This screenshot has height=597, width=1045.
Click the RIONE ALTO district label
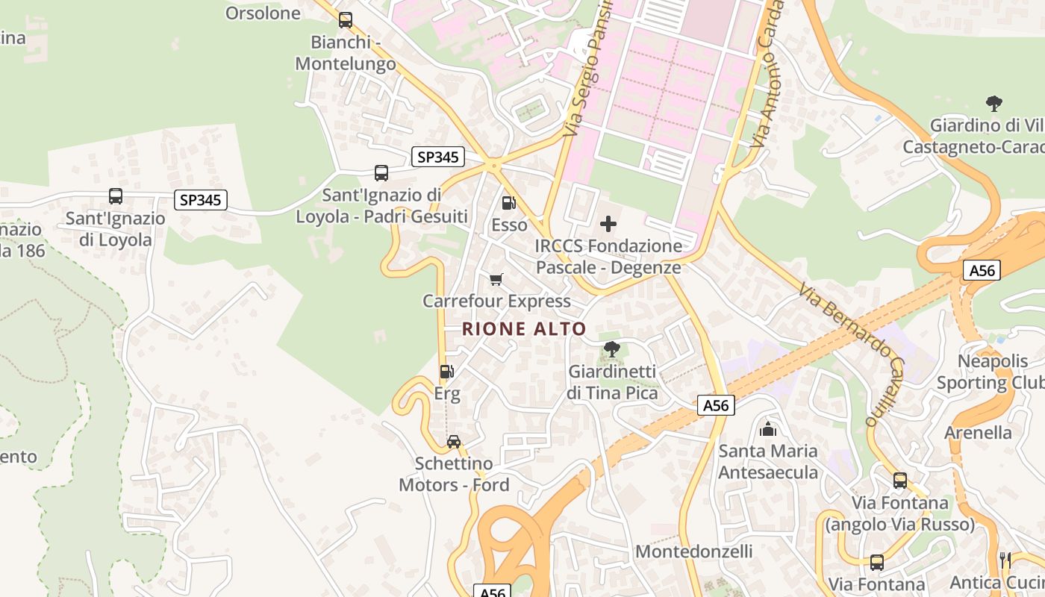(x=523, y=328)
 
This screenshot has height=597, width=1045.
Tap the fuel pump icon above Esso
(x=508, y=202)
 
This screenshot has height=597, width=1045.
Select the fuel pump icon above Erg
(x=446, y=371)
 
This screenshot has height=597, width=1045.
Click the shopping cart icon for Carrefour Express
(x=496, y=280)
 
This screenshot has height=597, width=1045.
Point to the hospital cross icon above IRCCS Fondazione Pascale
(x=608, y=223)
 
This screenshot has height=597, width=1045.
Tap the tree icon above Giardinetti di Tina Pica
(x=611, y=348)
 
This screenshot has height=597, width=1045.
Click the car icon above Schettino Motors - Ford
(x=454, y=441)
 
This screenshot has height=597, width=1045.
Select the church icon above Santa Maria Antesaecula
(x=767, y=429)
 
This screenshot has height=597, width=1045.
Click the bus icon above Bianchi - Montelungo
(x=345, y=20)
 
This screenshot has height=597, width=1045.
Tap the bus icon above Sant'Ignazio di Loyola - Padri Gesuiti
(x=381, y=173)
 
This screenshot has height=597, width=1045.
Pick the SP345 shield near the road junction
(x=438, y=157)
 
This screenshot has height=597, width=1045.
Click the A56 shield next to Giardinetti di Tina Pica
(x=717, y=405)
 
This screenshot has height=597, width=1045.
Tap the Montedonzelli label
(x=693, y=551)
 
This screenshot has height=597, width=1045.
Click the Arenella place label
(x=978, y=433)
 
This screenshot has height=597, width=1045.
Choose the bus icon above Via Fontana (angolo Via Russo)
(x=900, y=480)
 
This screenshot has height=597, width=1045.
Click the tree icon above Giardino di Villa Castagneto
(x=993, y=103)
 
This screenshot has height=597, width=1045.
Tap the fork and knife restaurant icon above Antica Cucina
(x=1005, y=560)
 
